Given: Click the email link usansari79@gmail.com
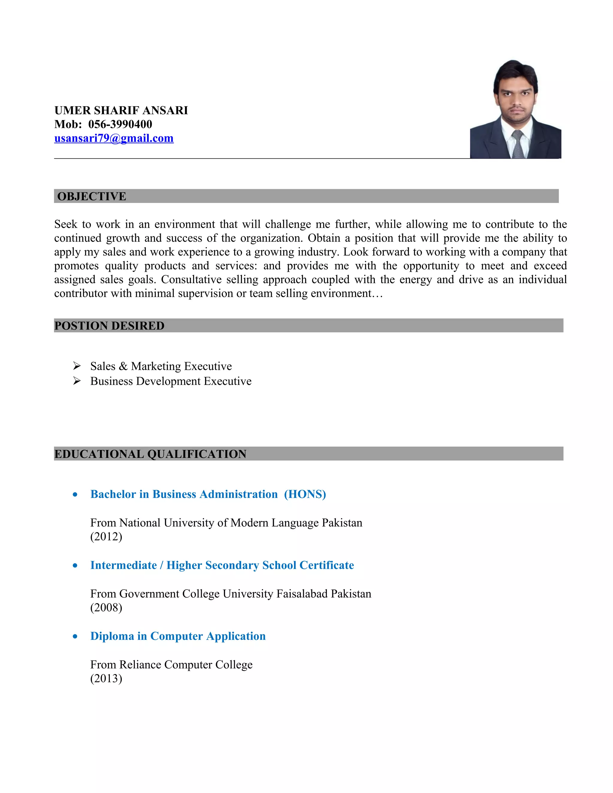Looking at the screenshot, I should pyautogui.click(x=114, y=138).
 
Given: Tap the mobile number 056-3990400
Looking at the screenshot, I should pyautogui.click(x=120, y=124).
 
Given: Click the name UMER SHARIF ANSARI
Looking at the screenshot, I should pyautogui.click(x=121, y=110).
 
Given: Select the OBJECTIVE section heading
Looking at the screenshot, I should pyautogui.click(x=92, y=196).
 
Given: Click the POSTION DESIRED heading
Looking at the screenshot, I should pyautogui.click(x=109, y=326).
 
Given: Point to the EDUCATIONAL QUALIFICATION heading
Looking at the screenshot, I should pyautogui.click(x=150, y=454).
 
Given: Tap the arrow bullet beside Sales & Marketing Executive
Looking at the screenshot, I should pyautogui.click(x=77, y=366).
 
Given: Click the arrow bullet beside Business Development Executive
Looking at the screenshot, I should pyautogui.click(x=77, y=381).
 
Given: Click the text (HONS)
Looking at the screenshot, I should pyautogui.click(x=305, y=494).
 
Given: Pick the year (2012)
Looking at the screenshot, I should pyautogui.click(x=106, y=536).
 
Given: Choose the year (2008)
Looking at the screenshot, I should pyautogui.click(x=106, y=607).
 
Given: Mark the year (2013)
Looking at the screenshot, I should pyautogui.click(x=106, y=678).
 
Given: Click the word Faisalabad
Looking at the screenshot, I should pyautogui.click(x=302, y=594).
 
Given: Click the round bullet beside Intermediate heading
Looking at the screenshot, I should pyautogui.click(x=75, y=565).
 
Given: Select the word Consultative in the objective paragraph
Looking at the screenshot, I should pyautogui.click(x=191, y=279).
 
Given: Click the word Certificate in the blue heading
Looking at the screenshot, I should pyautogui.click(x=327, y=565).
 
